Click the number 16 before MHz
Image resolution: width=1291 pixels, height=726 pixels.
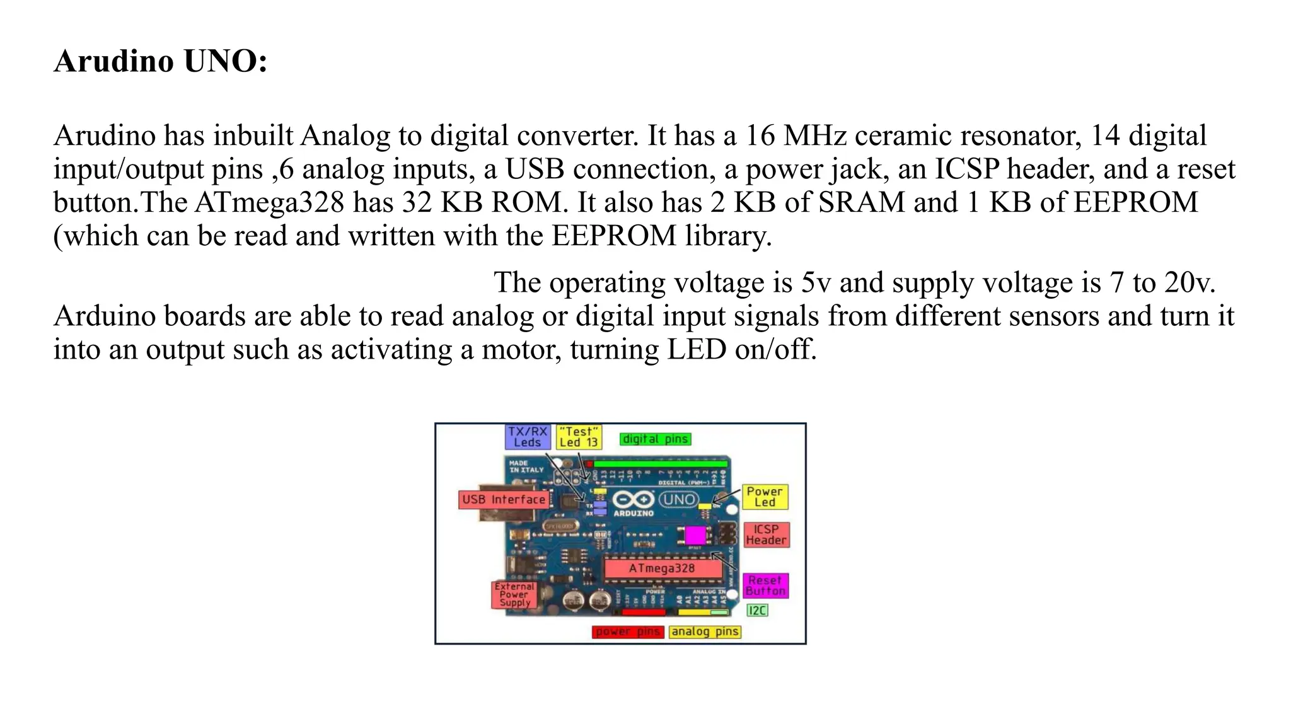pos(760,135)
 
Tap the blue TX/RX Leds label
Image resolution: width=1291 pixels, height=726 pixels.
pos(528,437)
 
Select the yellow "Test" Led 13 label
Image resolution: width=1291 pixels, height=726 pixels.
pos(579,437)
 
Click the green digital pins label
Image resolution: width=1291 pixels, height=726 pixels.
pos(656,439)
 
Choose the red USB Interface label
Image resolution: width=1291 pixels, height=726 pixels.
pos(504,500)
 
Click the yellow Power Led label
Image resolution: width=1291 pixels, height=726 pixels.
pos(765,497)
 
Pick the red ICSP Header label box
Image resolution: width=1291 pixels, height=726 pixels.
pos(766,534)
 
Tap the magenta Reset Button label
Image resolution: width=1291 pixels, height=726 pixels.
pos(765,585)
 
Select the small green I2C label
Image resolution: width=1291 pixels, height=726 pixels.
pos(757,610)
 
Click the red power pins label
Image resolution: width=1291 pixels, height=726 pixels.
pos(628,631)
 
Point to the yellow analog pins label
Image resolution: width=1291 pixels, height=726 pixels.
pos(705,631)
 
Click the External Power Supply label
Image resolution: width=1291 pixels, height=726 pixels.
pos(514,594)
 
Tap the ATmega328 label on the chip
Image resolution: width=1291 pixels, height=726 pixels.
pos(662,568)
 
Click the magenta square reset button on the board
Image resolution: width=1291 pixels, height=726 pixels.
pos(695,536)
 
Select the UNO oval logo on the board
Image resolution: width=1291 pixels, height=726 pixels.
pos(679,500)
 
